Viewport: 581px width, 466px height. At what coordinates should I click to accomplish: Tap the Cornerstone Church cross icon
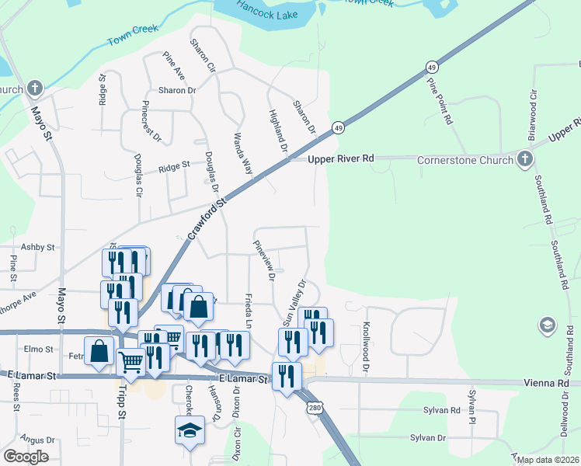coord(525,159)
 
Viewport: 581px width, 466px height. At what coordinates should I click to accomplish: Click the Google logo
coord(26,457)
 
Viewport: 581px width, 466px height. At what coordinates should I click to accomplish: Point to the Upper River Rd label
coord(340,158)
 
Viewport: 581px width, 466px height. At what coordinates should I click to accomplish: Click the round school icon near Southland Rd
coord(547,325)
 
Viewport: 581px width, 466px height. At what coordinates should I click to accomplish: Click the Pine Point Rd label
coord(439,102)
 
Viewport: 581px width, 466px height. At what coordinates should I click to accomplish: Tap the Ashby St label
coord(38,247)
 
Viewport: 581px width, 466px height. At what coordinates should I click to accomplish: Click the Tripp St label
coord(121,412)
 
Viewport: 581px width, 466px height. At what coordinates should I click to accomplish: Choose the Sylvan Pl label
coord(471,403)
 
